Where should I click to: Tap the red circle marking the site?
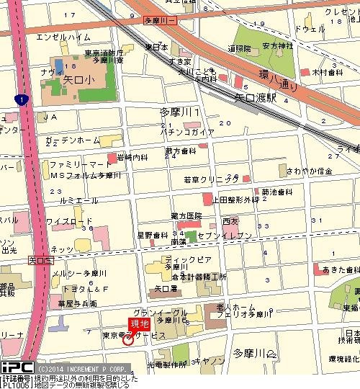coord(128,339)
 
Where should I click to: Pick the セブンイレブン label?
coord(208,236)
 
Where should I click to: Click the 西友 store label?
coord(230,221)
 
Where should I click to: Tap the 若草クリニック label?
coord(211,178)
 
